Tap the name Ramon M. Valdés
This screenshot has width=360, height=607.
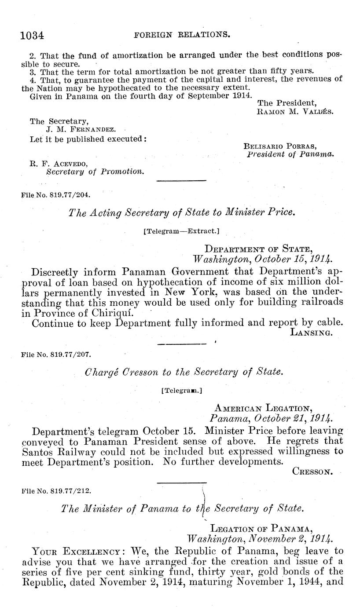[295, 112]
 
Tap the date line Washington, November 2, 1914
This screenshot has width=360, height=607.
[260, 538]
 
